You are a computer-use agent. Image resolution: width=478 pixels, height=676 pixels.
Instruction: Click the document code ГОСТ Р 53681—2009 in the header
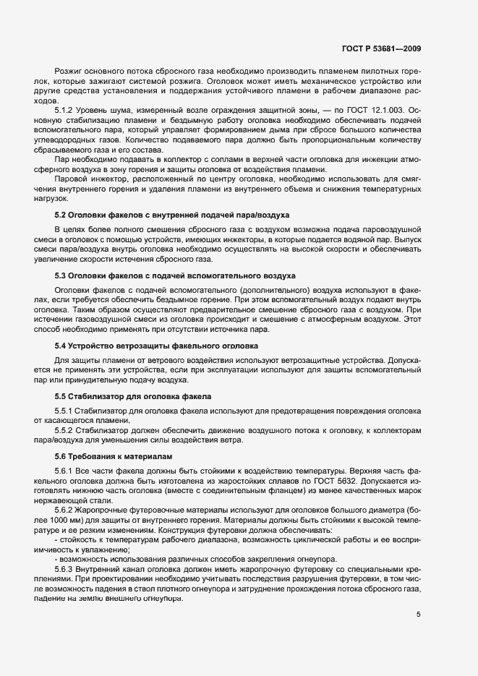point(382,48)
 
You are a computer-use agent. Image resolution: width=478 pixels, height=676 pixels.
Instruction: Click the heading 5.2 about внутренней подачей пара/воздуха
point(172,215)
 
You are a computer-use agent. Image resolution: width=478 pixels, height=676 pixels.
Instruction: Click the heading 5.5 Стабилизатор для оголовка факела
point(133,397)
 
